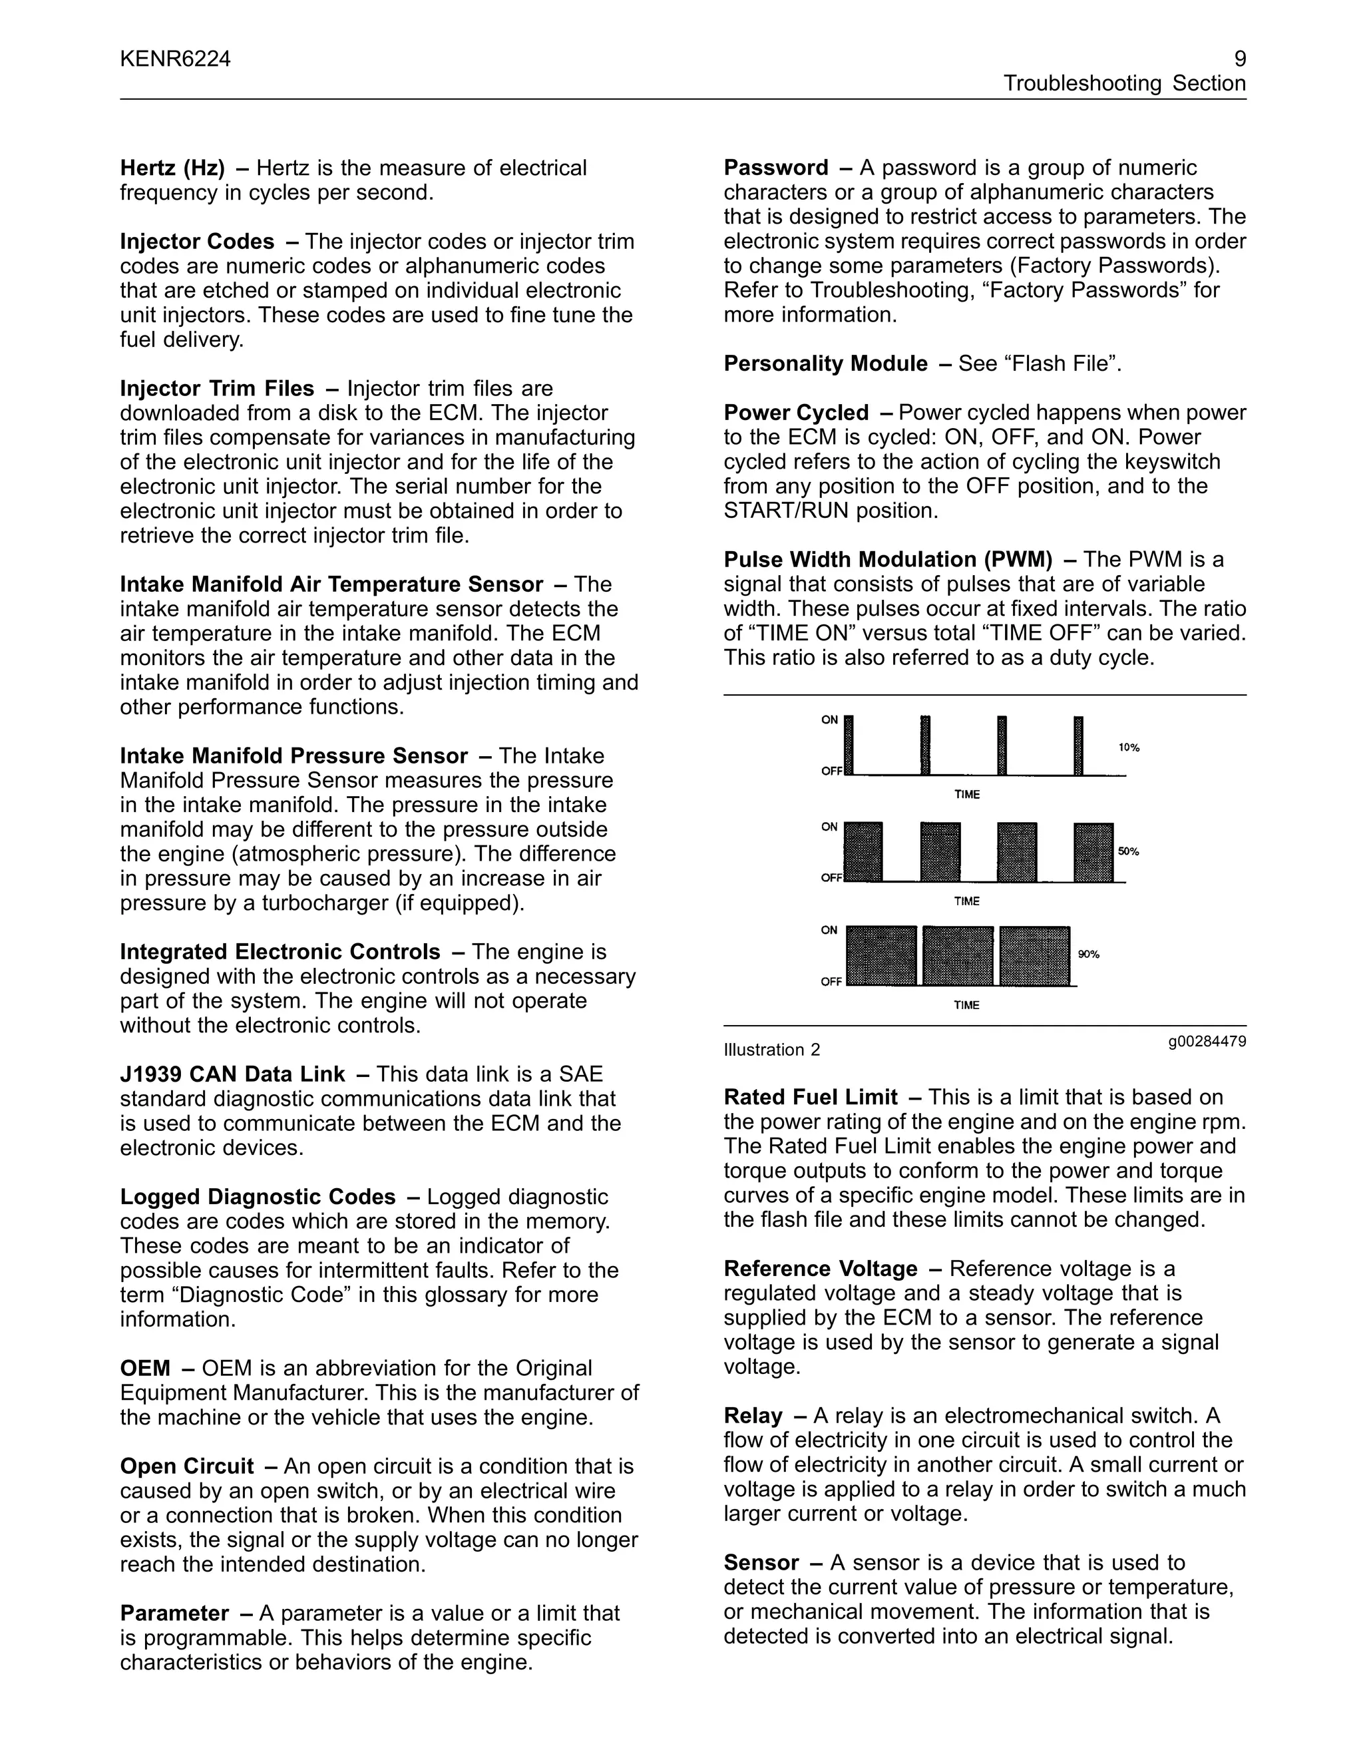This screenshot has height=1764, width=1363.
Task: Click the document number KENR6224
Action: [x=175, y=59]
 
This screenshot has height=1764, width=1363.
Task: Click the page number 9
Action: [x=1239, y=59]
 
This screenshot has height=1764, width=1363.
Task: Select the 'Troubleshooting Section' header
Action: [x=1124, y=83]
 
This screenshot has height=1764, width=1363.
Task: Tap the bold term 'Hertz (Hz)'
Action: [x=172, y=168]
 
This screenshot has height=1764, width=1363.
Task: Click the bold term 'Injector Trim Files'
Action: [x=216, y=389]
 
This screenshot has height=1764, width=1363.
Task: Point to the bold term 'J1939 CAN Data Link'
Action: [x=232, y=1074]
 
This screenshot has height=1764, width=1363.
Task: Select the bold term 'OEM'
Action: [x=145, y=1368]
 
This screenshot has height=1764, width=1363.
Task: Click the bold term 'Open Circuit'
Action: [x=186, y=1466]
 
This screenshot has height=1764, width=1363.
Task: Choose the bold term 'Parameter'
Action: [x=174, y=1613]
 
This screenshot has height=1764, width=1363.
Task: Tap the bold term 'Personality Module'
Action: [x=825, y=363]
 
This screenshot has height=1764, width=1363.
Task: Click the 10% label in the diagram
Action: [x=1129, y=748]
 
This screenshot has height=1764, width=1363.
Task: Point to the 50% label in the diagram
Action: [x=1128, y=851]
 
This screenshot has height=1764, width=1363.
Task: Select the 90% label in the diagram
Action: [x=1088, y=955]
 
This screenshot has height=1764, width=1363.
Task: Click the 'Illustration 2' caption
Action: [x=771, y=1050]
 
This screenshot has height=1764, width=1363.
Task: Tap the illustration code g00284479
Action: [x=1207, y=1041]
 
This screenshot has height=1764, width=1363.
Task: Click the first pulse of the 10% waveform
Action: [x=849, y=745]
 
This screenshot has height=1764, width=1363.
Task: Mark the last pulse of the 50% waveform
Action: [x=1093, y=852]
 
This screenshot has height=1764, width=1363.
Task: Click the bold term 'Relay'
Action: [x=753, y=1416]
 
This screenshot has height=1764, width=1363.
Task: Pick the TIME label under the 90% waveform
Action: [x=966, y=1006]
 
